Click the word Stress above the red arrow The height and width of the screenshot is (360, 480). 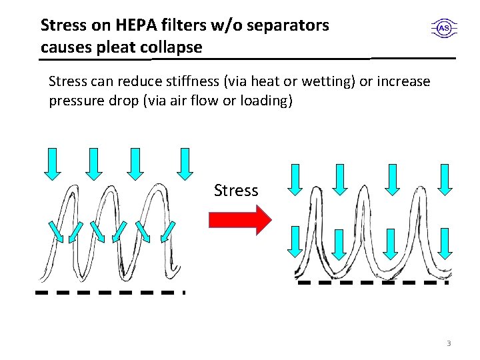[236, 191]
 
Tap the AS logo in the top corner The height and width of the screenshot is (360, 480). [443, 28]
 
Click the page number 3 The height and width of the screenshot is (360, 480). [449, 343]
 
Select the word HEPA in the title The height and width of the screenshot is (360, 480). [134, 26]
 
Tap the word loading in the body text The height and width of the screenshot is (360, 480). [268, 101]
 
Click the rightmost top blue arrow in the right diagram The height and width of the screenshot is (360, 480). [445, 179]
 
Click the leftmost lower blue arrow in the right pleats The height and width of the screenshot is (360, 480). [294, 241]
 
